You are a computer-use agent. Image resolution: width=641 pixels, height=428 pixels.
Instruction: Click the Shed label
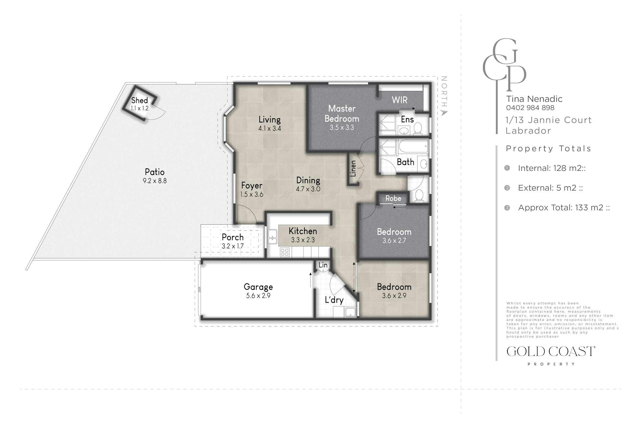(139, 100)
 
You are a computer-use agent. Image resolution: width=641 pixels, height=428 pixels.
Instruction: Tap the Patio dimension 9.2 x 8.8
(155, 181)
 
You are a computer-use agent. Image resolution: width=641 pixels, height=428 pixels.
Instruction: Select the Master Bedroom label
(342, 114)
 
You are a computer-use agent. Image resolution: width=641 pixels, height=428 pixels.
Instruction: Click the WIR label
(399, 100)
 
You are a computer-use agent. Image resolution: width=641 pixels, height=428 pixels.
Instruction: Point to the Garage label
(258, 287)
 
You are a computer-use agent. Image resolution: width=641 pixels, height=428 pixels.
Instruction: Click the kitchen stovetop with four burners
(285, 252)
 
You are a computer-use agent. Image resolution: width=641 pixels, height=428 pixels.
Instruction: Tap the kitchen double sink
(272, 237)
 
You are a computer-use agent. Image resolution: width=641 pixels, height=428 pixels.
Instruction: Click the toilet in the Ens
(418, 129)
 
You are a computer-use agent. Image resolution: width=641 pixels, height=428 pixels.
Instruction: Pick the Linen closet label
(353, 169)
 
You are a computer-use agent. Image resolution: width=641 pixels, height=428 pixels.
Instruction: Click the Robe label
(393, 198)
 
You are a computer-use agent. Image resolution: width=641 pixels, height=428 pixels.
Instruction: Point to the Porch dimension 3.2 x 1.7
(233, 246)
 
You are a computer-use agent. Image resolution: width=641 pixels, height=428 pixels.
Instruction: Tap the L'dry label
(334, 300)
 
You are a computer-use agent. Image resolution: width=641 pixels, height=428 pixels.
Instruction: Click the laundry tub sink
(350, 312)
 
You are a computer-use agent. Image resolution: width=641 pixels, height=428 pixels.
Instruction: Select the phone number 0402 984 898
(530, 108)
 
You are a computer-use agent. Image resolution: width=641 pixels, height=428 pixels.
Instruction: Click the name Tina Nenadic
(534, 99)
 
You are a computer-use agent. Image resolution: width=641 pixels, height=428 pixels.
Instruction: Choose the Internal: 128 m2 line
(552, 168)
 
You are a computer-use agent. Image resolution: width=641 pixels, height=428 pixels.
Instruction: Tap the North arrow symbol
(444, 113)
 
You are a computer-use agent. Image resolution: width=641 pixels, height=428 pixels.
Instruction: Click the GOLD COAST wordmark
(551, 352)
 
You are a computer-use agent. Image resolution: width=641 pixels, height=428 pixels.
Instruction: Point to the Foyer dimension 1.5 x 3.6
(252, 194)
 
